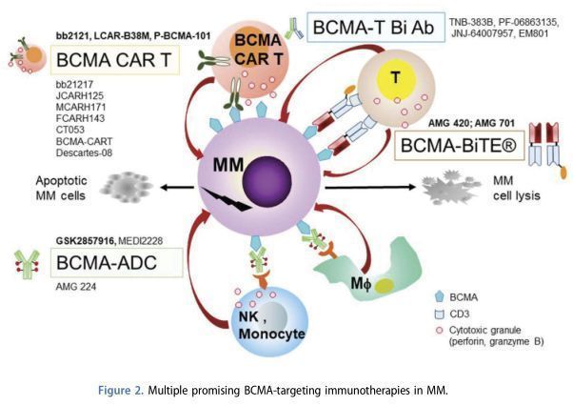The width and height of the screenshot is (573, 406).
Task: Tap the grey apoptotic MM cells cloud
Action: pyautogui.click(x=133, y=184)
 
